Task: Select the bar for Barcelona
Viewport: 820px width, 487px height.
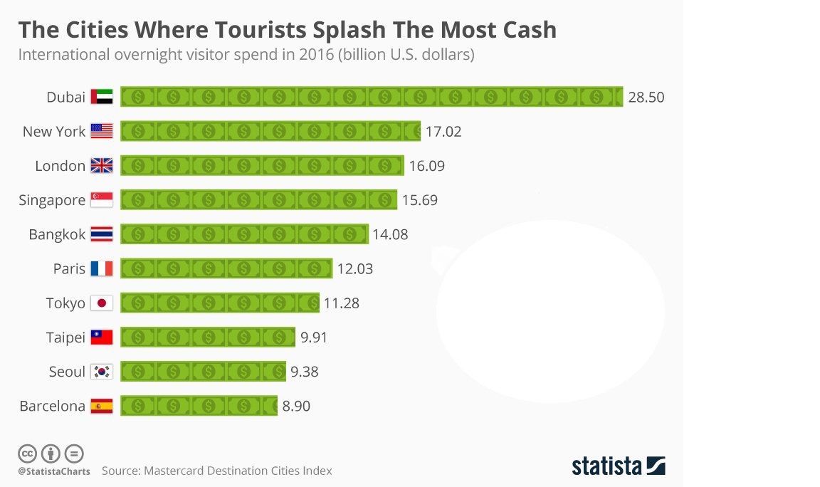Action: (x=199, y=406)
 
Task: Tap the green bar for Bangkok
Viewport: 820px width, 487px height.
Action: (x=244, y=234)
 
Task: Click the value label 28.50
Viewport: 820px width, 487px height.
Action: (x=646, y=98)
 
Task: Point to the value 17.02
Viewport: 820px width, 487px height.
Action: (x=443, y=132)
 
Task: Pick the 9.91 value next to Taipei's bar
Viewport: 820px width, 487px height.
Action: (x=314, y=337)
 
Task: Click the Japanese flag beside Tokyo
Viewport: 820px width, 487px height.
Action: (x=102, y=303)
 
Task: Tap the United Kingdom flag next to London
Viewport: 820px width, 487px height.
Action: (x=102, y=166)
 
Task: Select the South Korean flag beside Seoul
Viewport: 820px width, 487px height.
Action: (x=102, y=372)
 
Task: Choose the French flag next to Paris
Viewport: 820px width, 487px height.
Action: (x=102, y=269)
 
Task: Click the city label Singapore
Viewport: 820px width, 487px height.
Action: (x=52, y=200)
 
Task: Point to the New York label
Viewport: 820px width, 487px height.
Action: (x=54, y=132)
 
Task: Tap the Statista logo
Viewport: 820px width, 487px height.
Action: (x=618, y=466)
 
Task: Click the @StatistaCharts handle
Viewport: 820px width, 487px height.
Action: (x=54, y=471)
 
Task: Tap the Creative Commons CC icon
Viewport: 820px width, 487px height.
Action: (x=27, y=454)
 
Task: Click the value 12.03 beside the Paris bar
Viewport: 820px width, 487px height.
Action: (x=355, y=269)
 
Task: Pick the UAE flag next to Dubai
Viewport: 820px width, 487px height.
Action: (x=102, y=98)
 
